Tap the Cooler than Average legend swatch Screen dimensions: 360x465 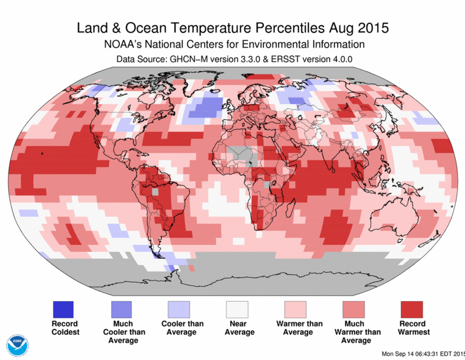pos(180,309)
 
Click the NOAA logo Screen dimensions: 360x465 pos(16,344)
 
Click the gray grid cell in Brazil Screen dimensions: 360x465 pos(155,190)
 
